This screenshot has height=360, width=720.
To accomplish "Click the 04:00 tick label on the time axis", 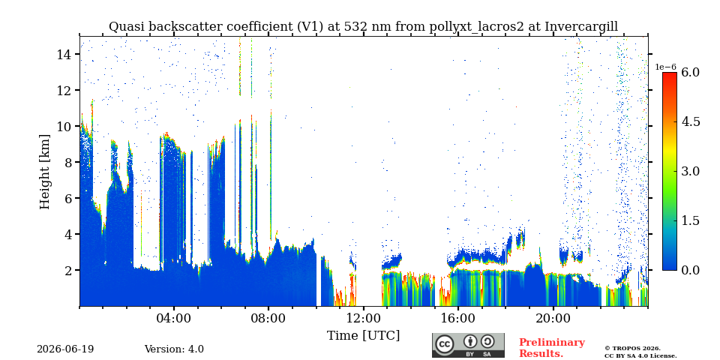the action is tap(174, 319).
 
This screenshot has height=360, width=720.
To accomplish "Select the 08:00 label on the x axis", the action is tap(268, 319).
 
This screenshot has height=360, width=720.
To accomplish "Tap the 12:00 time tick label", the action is tap(363, 319).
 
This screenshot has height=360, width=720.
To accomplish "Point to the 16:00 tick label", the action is tap(457, 319).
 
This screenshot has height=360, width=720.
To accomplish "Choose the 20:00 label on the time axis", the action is tap(553, 319).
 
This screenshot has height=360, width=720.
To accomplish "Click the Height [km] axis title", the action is tap(44, 172).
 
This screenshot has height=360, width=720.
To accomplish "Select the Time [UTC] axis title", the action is tap(363, 336).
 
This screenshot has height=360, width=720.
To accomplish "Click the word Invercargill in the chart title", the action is tap(581, 27).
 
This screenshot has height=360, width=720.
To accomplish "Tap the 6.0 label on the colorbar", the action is tap(690, 72).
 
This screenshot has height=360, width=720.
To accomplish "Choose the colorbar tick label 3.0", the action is tap(690, 171).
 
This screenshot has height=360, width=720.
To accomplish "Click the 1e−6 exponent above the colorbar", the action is tap(665, 67).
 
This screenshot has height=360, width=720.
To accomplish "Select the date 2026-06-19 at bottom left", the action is tap(65, 349).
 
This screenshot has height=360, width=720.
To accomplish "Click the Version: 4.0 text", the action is tap(174, 349).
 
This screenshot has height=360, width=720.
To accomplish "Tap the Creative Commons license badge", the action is tap(468, 345).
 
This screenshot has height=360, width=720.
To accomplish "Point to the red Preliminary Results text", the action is tap(552, 348).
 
